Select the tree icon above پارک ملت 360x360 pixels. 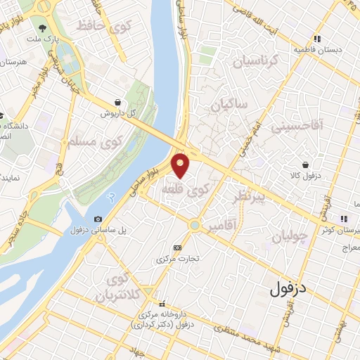click(43, 30)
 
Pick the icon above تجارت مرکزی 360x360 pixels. click(176, 248)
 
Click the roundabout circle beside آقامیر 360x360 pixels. click(193, 226)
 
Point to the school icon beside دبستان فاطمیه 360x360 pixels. click(317, 39)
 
